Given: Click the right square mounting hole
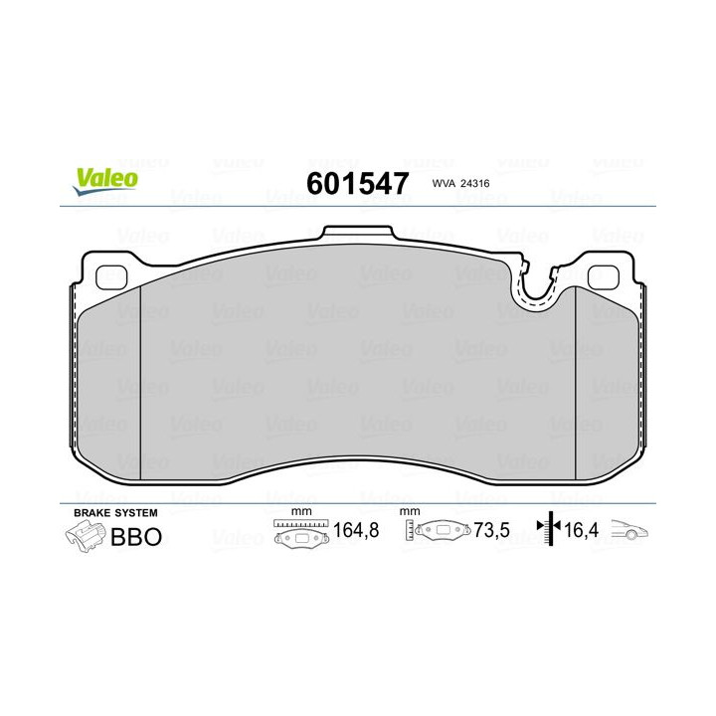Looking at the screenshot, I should tap(602, 277).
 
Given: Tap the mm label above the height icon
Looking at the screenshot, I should tap(408, 512).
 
